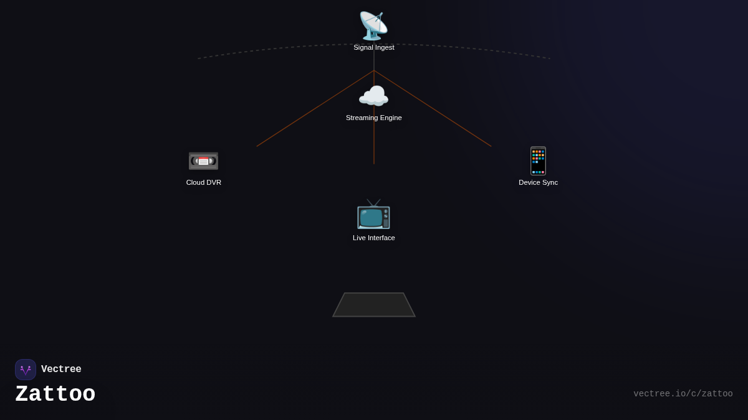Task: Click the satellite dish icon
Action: (x=373, y=26)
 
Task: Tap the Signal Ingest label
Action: (x=374, y=47)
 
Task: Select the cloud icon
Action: (x=373, y=96)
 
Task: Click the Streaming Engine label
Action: (x=374, y=118)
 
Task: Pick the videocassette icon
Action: (x=203, y=161)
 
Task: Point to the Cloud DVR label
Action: (x=204, y=182)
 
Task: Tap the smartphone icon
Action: (x=538, y=161)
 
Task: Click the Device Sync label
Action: (x=538, y=182)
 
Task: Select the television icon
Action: (x=373, y=215)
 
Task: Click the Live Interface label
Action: (x=374, y=238)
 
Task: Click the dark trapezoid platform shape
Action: (x=374, y=305)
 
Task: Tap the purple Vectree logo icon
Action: (x=26, y=370)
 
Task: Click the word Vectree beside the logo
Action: (x=61, y=370)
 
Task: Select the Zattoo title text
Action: (x=55, y=394)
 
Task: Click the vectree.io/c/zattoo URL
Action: (x=683, y=394)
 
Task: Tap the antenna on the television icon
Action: (x=373, y=202)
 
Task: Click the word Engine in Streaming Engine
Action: (x=390, y=118)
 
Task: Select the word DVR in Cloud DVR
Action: (x=213, y=182)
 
